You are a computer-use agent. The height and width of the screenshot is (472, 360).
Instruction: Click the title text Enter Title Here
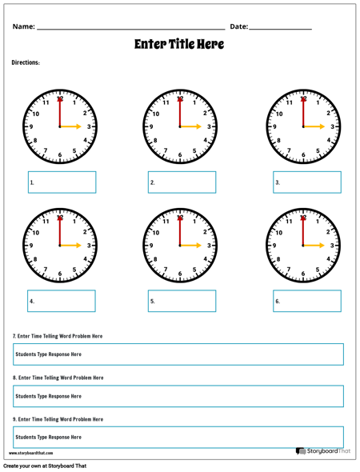(179, 44)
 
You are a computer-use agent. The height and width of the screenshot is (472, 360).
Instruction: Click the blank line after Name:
(131, 30)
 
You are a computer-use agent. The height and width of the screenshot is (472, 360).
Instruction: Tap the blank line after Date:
(281, 30)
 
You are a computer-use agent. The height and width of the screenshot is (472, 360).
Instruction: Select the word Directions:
(26, 62)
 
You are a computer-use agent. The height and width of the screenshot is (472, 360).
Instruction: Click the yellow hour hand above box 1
(70, 126)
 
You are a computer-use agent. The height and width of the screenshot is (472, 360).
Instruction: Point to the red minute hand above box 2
(180, 111)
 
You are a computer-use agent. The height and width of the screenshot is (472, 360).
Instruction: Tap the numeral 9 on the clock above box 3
(274, 126)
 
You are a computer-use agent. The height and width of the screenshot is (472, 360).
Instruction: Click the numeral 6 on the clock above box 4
(60, 274)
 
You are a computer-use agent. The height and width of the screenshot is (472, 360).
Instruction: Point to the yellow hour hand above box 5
(191, 246)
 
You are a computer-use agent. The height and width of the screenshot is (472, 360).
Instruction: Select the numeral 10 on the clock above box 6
(279, 233)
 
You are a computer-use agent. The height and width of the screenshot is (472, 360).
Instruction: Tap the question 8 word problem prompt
(58, 378)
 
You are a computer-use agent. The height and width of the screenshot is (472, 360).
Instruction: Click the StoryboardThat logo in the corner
(323, 451)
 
